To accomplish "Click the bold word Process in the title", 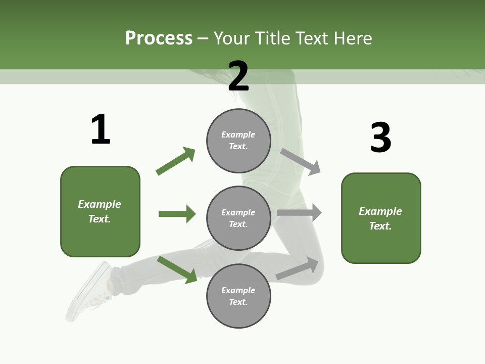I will tap(159, 38).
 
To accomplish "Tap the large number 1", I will tap(101, 130).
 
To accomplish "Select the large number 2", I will tap(238, 76).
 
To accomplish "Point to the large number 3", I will tap(381, 138).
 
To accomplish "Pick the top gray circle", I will tap(238, 140).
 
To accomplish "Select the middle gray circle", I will tap(238, 218).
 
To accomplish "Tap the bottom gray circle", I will tap(238, 296).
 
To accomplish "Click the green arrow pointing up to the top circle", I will tap(175, 161).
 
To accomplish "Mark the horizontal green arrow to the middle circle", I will tap(177, 214).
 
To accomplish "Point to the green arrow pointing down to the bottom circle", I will tap(177, 269).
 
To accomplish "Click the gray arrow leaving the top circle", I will tap(301, 161).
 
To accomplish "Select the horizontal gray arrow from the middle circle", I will tap(299, 213).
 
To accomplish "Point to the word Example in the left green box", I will tap(100, 204).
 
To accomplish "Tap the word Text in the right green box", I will tap(379, 226).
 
